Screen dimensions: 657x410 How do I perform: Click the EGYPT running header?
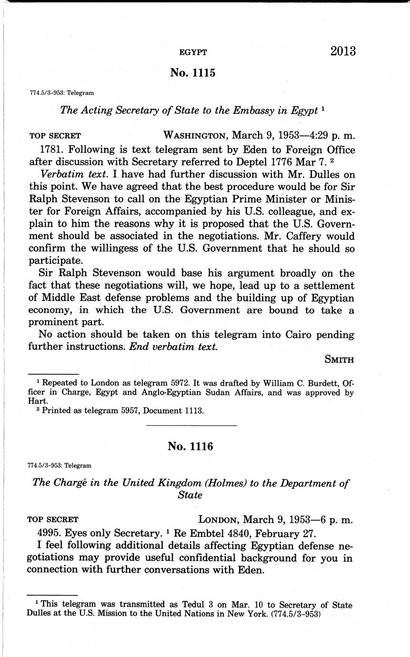click(192, 53)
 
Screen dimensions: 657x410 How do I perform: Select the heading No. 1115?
click(192, 73)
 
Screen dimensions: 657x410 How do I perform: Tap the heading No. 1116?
click(190, 446)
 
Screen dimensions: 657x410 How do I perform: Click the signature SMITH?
click(339, 359)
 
